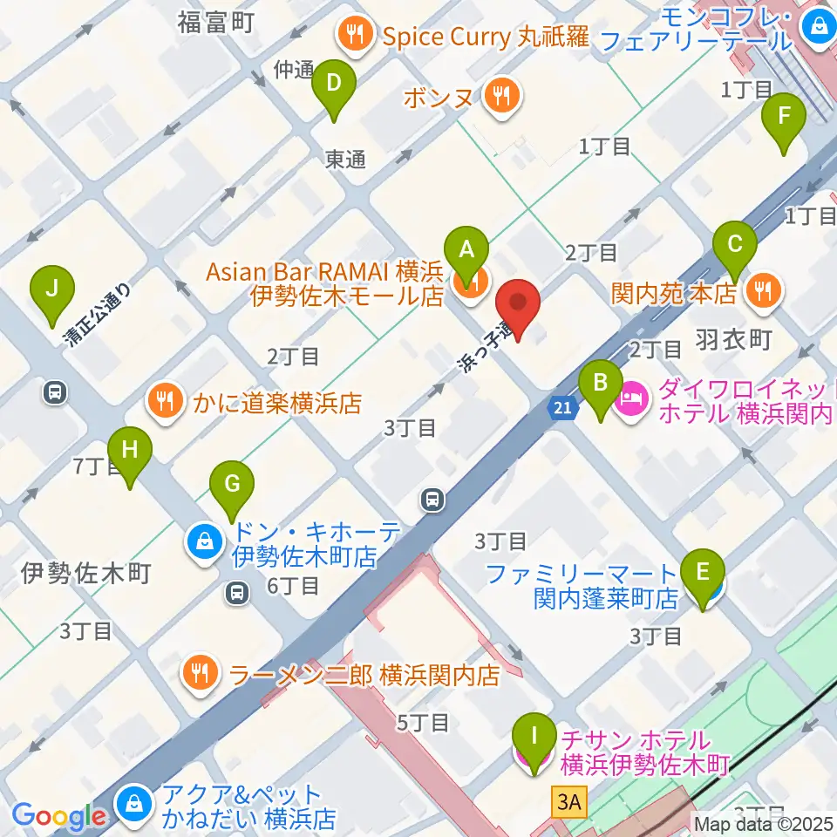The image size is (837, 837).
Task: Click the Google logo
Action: coord(59,816)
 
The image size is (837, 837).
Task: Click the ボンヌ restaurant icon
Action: coord(500,93)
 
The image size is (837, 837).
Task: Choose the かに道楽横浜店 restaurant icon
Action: coord(163,400)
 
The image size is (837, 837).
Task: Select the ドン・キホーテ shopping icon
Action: coord(203,542)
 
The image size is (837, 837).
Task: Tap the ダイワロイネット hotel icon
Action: coord(630,400)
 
